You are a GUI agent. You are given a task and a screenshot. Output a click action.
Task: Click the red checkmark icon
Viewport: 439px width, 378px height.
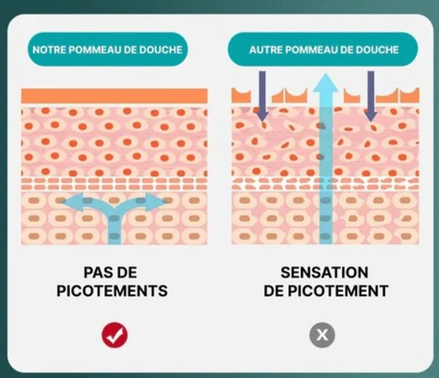pos(114,335)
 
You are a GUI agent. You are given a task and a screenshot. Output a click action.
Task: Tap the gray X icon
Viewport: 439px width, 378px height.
pos(322,335)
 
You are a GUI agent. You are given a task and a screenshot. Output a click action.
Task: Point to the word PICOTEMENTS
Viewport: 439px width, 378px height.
pos(112,291)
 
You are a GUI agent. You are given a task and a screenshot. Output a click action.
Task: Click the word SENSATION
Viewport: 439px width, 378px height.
pos(325,273)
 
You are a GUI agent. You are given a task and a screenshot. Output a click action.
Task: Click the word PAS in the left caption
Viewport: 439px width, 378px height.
pos(97,273)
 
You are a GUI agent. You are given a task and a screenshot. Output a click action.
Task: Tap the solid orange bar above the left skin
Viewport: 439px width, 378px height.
pos(114,96)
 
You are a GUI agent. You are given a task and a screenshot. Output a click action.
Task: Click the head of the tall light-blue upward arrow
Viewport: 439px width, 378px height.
pos(327,81)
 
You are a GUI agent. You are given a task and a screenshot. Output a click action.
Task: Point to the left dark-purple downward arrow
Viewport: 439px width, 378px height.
pos(262,96)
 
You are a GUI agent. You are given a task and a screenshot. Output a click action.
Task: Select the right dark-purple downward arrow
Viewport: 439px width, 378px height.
pos(370,96)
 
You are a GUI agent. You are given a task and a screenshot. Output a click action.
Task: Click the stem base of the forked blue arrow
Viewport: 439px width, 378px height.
pos(114,243)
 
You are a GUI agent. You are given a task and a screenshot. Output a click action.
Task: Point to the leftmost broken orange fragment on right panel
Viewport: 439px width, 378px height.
pos(241,95)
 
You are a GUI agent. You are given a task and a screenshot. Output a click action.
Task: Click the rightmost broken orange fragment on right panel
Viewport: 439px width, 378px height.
pos(410,95)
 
